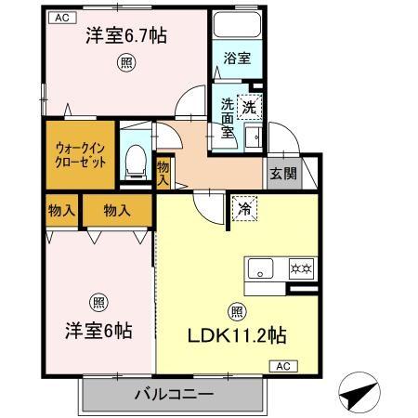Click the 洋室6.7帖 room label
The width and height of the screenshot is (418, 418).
(126, 37)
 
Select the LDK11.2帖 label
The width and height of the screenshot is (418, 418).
(238, 337)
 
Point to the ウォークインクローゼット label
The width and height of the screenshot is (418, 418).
(78, 153)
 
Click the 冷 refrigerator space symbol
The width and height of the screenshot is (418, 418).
(243, 208)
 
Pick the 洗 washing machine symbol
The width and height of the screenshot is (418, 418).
(249, 107)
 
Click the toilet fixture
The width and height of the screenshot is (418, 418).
(136, 160)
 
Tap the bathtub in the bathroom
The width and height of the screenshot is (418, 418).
(238, 29)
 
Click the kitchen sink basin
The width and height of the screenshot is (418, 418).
(259, 272)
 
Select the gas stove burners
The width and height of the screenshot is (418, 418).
(302, 271)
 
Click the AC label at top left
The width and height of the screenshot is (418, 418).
(60, 17)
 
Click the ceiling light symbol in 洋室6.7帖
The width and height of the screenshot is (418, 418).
(124, 62)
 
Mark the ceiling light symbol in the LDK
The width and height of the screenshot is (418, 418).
(236, 312)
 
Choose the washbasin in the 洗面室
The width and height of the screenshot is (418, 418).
(252, 137)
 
